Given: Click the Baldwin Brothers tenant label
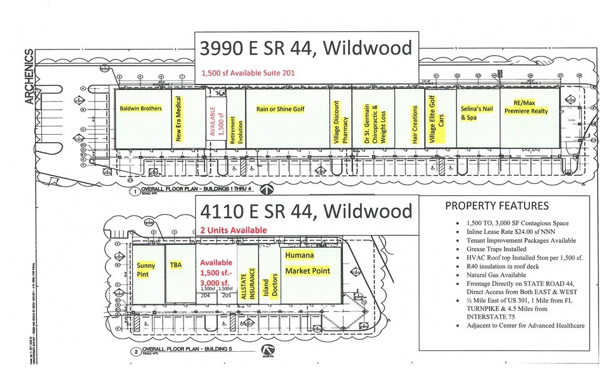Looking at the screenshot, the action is pos(141,108).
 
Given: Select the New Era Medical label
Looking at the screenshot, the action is pos(178,119).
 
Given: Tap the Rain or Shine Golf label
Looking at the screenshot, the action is pos(280,108).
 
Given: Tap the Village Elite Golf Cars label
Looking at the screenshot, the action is pos(436,120).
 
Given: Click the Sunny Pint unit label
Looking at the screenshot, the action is pos(146,270).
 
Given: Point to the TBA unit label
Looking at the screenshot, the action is pos(176,265).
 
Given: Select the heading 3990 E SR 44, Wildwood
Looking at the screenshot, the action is pos(306,48).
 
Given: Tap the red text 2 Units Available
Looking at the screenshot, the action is pos(233,230).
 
